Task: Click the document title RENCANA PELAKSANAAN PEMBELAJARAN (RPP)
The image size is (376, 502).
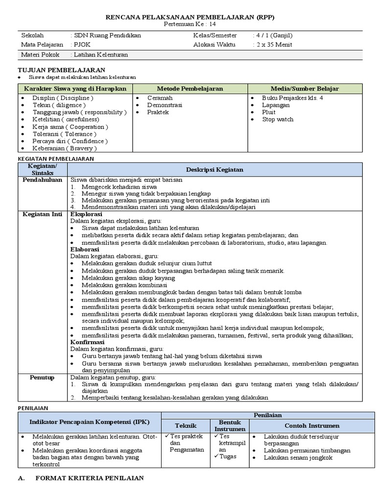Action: pyautogui.click(x=190, y=17)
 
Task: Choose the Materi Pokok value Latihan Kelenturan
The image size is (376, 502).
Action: pyautogui.click(x=100, y=55)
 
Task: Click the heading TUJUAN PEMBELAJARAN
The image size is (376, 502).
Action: pyautogui.click(x=61, y=70)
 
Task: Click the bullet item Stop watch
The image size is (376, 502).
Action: pyautogui.click(x=278, y=119)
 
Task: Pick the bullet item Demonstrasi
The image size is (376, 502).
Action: pyautogui.click(x=164, y=105)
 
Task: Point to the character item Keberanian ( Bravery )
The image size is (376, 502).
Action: pyautogui.click(x=65, y=148)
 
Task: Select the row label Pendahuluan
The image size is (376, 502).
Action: pyautogui.click(x=43, y=180)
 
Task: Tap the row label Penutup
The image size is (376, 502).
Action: pyautogui.click(x=43, y=377)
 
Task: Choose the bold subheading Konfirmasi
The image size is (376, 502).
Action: pyautogui.click(x=87, y=342)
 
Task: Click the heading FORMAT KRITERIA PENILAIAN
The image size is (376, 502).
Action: pyautogui.click(x=90, y=478)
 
